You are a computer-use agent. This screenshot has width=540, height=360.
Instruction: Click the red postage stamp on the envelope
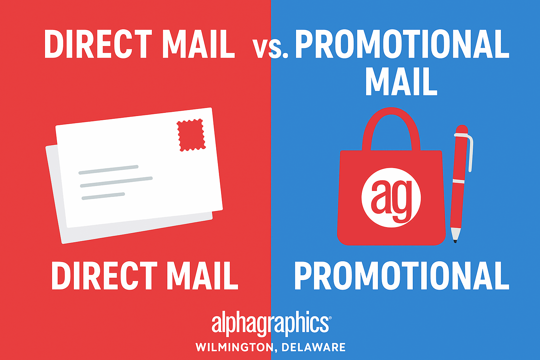point(191,135)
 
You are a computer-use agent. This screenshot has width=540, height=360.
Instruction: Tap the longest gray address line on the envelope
point(116,182)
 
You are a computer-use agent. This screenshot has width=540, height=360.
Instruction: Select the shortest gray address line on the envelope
point(103,196)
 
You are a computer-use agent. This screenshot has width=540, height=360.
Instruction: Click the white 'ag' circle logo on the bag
point(391,197)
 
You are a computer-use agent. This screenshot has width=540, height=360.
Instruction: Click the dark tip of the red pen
point(455,241)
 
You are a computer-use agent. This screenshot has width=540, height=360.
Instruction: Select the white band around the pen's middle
point(458,181)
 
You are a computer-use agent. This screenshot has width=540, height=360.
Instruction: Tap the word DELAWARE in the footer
point(314,347)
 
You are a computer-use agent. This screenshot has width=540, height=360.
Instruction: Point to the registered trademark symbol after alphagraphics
point(330,318)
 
